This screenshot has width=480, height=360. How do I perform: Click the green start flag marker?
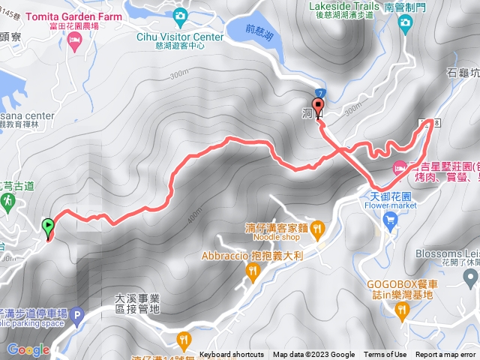49,225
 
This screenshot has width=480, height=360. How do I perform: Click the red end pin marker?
317,106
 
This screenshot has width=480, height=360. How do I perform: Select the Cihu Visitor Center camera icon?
179,15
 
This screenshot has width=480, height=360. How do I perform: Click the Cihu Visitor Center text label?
180,37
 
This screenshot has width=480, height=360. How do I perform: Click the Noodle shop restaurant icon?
317,227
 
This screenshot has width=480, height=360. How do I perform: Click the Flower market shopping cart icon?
390,219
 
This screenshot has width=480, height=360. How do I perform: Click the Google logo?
28,349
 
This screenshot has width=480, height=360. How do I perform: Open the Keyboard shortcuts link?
232,355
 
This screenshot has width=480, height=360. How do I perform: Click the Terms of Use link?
385,355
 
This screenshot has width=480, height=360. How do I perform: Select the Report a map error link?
445,355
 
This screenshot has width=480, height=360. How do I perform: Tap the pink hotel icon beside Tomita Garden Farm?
73,43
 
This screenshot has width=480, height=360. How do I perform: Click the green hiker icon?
7,201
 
